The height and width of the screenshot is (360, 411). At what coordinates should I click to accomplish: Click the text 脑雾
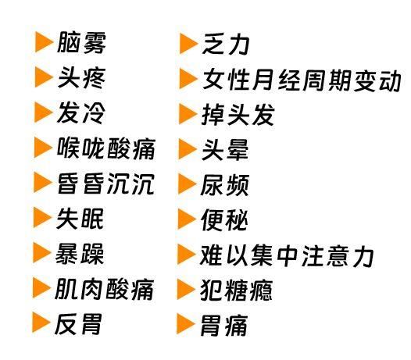[x=81, y=43]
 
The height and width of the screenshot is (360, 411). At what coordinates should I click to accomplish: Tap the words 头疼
[x=81, y=78]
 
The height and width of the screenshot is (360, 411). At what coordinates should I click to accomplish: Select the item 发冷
[x=80, y=113]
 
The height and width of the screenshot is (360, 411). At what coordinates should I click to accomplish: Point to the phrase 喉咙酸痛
[x=106, y=148]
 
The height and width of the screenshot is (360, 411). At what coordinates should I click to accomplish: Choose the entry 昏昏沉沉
[x=105, y=184]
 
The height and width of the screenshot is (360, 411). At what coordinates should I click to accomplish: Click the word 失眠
[x=80, y=219]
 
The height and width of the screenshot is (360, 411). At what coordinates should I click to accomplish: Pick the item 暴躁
[x=80, y=254]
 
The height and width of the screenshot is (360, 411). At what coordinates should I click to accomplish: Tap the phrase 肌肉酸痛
[x=105, y=289]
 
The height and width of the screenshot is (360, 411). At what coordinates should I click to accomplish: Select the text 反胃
[x=78, y=324]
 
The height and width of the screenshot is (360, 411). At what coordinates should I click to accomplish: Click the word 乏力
[x=225, y=44]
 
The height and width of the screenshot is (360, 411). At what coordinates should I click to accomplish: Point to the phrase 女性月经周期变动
[x=302, y=80]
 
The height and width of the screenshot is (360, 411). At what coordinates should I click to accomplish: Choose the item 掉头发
[x=238, y=115]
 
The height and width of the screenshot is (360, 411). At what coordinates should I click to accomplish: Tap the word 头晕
[x=225, y=150]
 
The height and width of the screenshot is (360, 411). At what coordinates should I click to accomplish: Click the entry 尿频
[x=224, y=185]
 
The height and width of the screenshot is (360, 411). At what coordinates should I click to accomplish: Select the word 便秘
[x=224, y=220]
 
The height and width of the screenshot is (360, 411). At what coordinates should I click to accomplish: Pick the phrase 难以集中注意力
[x=287, y=255]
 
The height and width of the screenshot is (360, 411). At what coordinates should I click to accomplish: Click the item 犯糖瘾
[x=236, y=290]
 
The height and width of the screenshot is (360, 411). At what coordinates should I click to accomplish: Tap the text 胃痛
[x=223, y=326]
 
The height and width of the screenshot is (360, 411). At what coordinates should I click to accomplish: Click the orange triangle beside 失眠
[x=42, y=217]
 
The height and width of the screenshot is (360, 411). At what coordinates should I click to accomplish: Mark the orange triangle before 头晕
[x=188, y=149]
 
